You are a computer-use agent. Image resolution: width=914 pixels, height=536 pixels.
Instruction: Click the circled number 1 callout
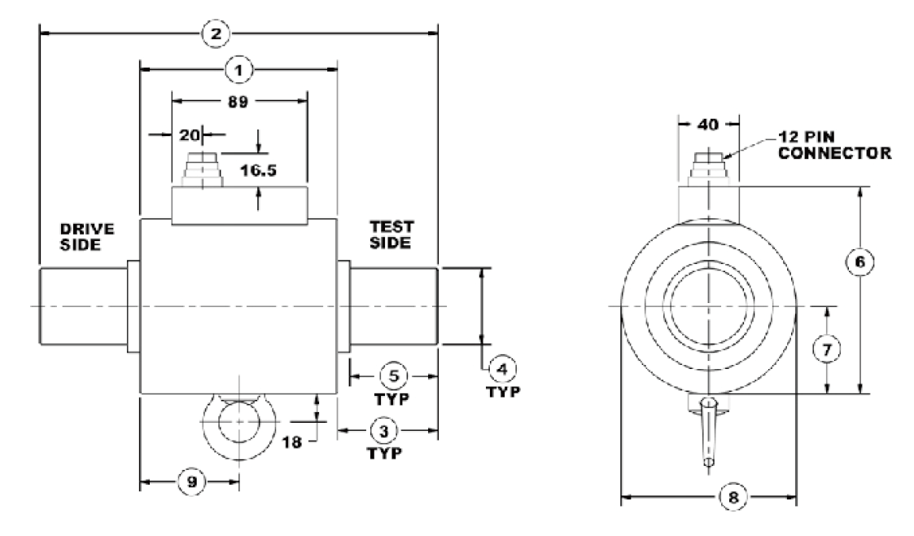[239, 70]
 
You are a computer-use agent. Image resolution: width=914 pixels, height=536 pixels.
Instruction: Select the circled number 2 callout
[216, 34]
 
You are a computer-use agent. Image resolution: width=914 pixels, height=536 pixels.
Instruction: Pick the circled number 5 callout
[393, 376]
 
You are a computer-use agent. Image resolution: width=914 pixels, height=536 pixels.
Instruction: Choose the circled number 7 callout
[828, 349]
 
